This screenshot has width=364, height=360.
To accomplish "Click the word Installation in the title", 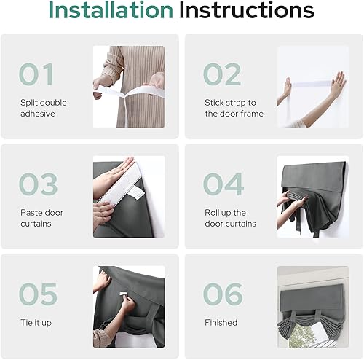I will tap(110, 12).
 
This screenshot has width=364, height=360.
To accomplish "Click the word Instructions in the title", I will tap(247, 12).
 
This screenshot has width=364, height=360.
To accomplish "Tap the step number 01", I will tap(36, 75).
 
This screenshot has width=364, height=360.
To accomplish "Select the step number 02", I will tap(221, 75).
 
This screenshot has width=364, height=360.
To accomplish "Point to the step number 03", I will tap(37, 184).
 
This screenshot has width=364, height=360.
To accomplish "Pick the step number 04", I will tap(222, 184).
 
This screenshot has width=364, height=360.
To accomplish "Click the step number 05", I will tap(37, 294).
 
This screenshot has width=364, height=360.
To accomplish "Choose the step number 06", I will tap(222, 294).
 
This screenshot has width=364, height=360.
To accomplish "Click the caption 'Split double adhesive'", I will tap(43, 108).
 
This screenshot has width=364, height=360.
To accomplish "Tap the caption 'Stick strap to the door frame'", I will tap(234, 108).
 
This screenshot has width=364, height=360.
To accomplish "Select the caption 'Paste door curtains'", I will tap(43, 218).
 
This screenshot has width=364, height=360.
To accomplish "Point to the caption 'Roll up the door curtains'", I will tap(231, 218).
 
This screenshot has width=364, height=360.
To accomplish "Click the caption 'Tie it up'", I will tap(37, 321).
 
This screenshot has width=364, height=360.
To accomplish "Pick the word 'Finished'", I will tap(221, 321).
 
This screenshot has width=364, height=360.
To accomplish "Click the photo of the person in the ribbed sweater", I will tap(129, 87).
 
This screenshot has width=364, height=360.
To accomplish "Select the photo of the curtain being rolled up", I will tap(312, 197).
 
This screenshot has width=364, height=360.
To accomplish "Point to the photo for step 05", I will tap(129, 306).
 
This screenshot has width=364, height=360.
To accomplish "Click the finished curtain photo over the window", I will tap(312, 306).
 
